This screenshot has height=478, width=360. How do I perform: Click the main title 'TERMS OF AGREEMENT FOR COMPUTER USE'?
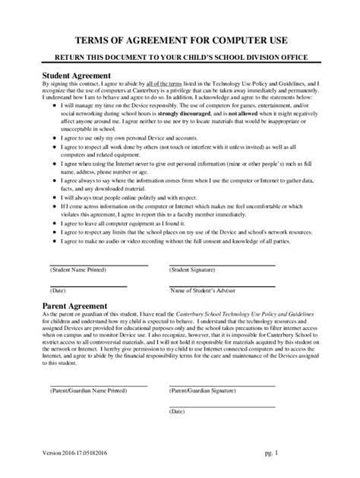[180, 39]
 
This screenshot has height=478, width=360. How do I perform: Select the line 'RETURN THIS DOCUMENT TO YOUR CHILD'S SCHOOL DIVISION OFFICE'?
[180, 58]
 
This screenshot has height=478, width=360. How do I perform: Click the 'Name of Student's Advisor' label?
[203, 291]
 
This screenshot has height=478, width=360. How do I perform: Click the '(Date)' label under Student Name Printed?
[58, 291]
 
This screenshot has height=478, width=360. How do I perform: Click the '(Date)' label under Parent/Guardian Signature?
[178, 410]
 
